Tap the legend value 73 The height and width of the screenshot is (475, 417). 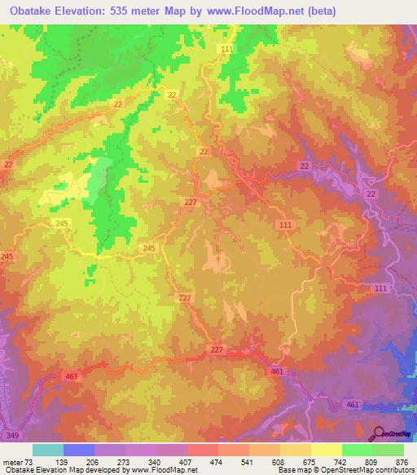point(30,463)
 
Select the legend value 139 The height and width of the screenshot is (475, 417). point(62,463)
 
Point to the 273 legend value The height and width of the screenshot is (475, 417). point(124,463)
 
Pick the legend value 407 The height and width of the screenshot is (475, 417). point(187,463)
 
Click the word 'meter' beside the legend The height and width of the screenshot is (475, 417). point(13,463)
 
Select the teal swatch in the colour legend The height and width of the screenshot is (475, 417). point(47,450)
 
